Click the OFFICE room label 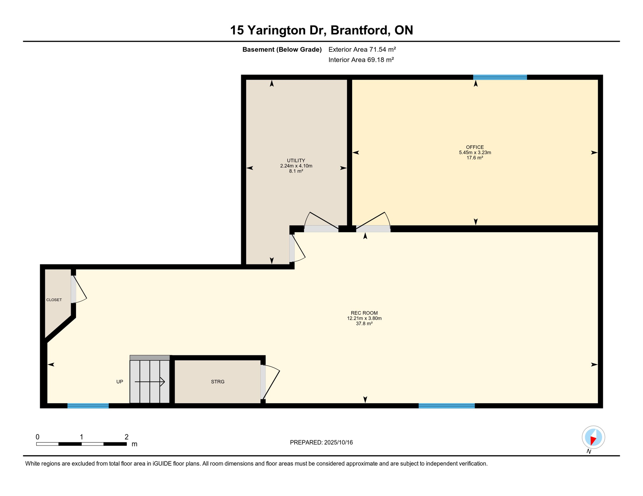click(475, 147)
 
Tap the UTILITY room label click(296, 160)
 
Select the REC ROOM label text click(364, 313)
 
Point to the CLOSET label click(54, 300)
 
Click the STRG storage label click(218, 382)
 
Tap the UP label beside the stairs click(120, 382)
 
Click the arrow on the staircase click(150, 382)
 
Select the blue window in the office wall click(500, 77)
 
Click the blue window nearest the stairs click(88, 406)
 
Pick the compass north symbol click(593, 437)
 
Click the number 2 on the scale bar click(126, 437)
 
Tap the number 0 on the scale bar click(38, 437)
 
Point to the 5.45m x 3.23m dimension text click(475, 152)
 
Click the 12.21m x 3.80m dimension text click(364, 318)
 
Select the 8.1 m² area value click(296, 171)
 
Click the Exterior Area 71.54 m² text click(362, 49)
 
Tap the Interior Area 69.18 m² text click(361, 60)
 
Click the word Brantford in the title click(359, 30)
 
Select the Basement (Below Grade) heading click(282, 49)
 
